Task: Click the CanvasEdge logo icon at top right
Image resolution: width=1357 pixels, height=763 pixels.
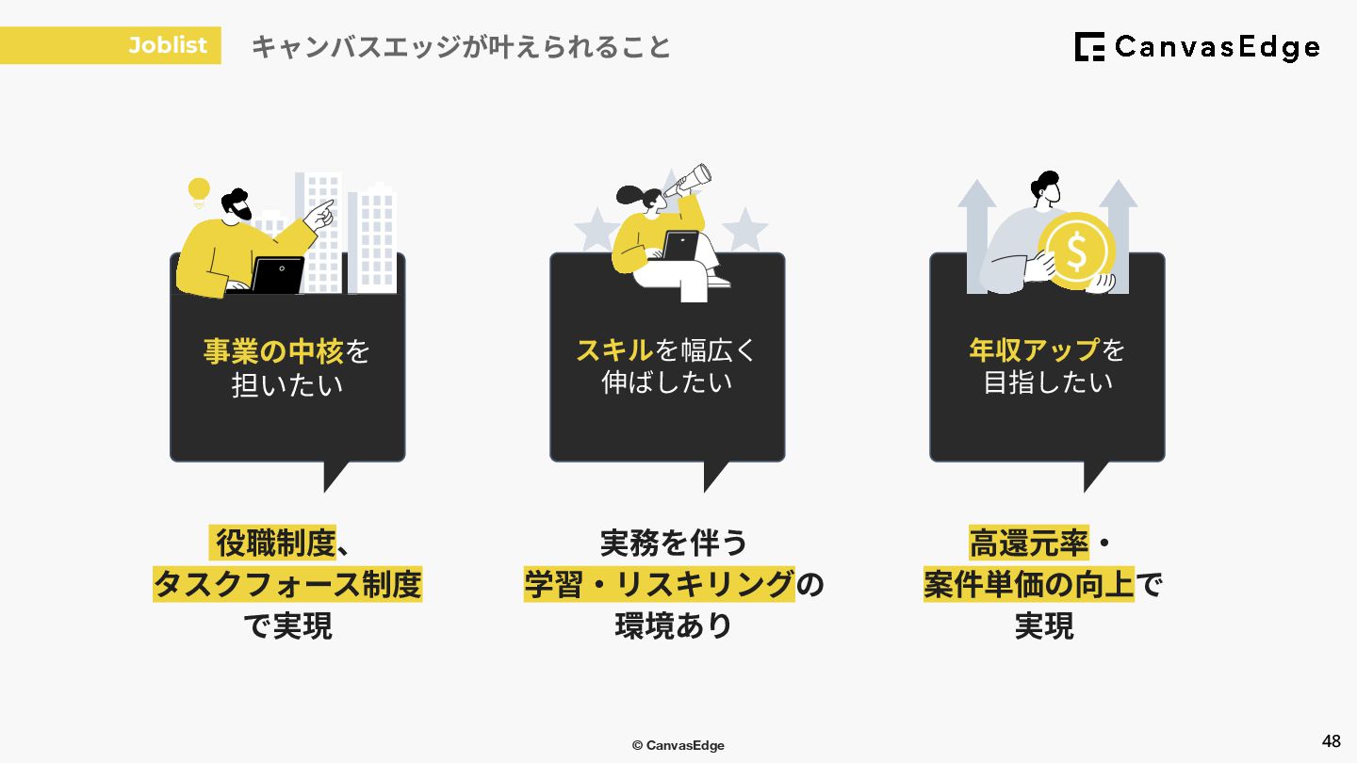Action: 1089,47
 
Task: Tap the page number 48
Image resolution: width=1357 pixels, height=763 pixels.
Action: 1331,741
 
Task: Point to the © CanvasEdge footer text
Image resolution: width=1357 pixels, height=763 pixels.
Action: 678,745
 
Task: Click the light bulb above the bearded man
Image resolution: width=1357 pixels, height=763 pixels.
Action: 199,192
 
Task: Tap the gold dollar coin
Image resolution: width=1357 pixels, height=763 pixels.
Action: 1077,251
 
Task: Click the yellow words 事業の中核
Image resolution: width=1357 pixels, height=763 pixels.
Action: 272,351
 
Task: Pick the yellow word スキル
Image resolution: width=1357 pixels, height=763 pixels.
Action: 614,350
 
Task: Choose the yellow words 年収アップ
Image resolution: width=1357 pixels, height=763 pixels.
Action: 1034,350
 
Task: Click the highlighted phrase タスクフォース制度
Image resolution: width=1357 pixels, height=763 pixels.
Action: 287,585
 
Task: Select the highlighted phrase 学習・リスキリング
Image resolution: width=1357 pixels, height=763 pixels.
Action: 660,585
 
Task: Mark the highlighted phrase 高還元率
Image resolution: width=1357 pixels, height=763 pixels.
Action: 1029,544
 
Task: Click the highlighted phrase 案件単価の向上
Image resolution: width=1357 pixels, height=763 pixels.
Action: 1029,585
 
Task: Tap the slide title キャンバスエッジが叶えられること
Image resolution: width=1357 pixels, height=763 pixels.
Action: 461,47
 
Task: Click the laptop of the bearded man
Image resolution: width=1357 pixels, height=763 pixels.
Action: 277,274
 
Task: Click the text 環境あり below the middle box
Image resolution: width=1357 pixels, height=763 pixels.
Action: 674,626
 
